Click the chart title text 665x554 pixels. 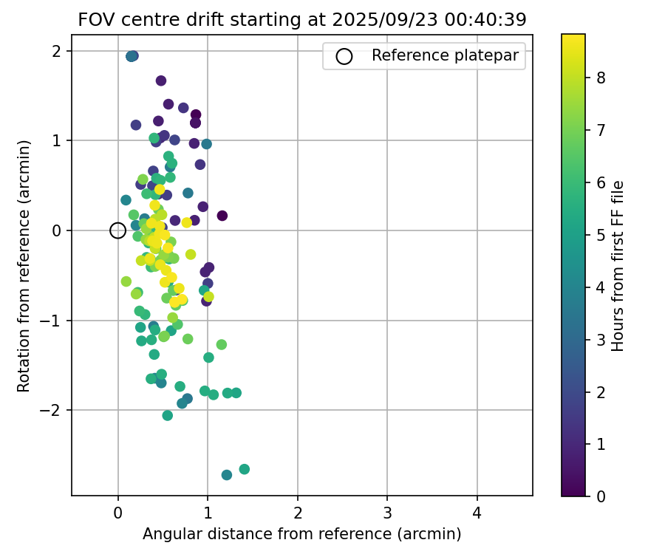[x=301, y=21]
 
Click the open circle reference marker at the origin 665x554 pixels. [x=117, y=230]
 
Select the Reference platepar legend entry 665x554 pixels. [x=423, y=55]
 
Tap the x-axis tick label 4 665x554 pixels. [x=477, y=513]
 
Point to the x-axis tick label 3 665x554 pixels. [x=387, y=513]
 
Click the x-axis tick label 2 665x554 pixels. [x=298, y=513]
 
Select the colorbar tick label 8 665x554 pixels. [x=601, y=78]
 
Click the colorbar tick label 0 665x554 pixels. [x=601, y=496]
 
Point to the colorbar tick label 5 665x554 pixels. [x=601, y=234]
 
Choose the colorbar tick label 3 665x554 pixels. [x=601, y=339]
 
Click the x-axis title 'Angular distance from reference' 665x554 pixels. [x=301, y=534]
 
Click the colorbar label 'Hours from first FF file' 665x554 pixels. [x=618, y=265]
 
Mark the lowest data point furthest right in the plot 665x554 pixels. [x=244, y=469]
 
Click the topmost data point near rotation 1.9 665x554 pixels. [x=132, y=56]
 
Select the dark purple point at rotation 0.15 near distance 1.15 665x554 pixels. [x=222, y=216]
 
